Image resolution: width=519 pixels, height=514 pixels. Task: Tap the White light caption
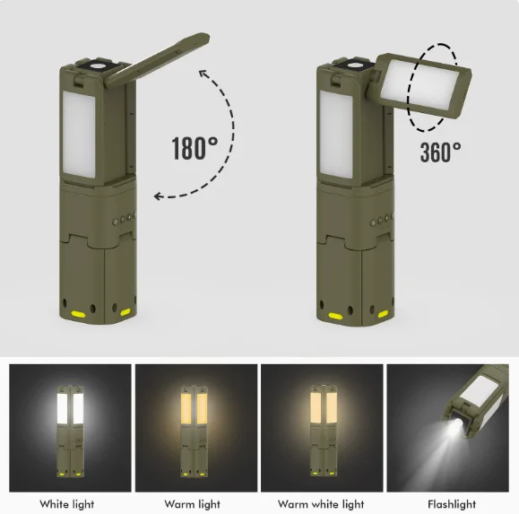[x=67, y=504]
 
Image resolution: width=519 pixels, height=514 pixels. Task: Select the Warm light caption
[x=193, y=504]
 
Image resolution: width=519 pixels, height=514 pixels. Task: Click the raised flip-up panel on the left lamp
[x=160, y=61]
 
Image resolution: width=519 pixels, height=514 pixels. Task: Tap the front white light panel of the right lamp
[x=337, y=134]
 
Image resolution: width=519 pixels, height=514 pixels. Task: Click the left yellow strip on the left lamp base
[x=80, y=315]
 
